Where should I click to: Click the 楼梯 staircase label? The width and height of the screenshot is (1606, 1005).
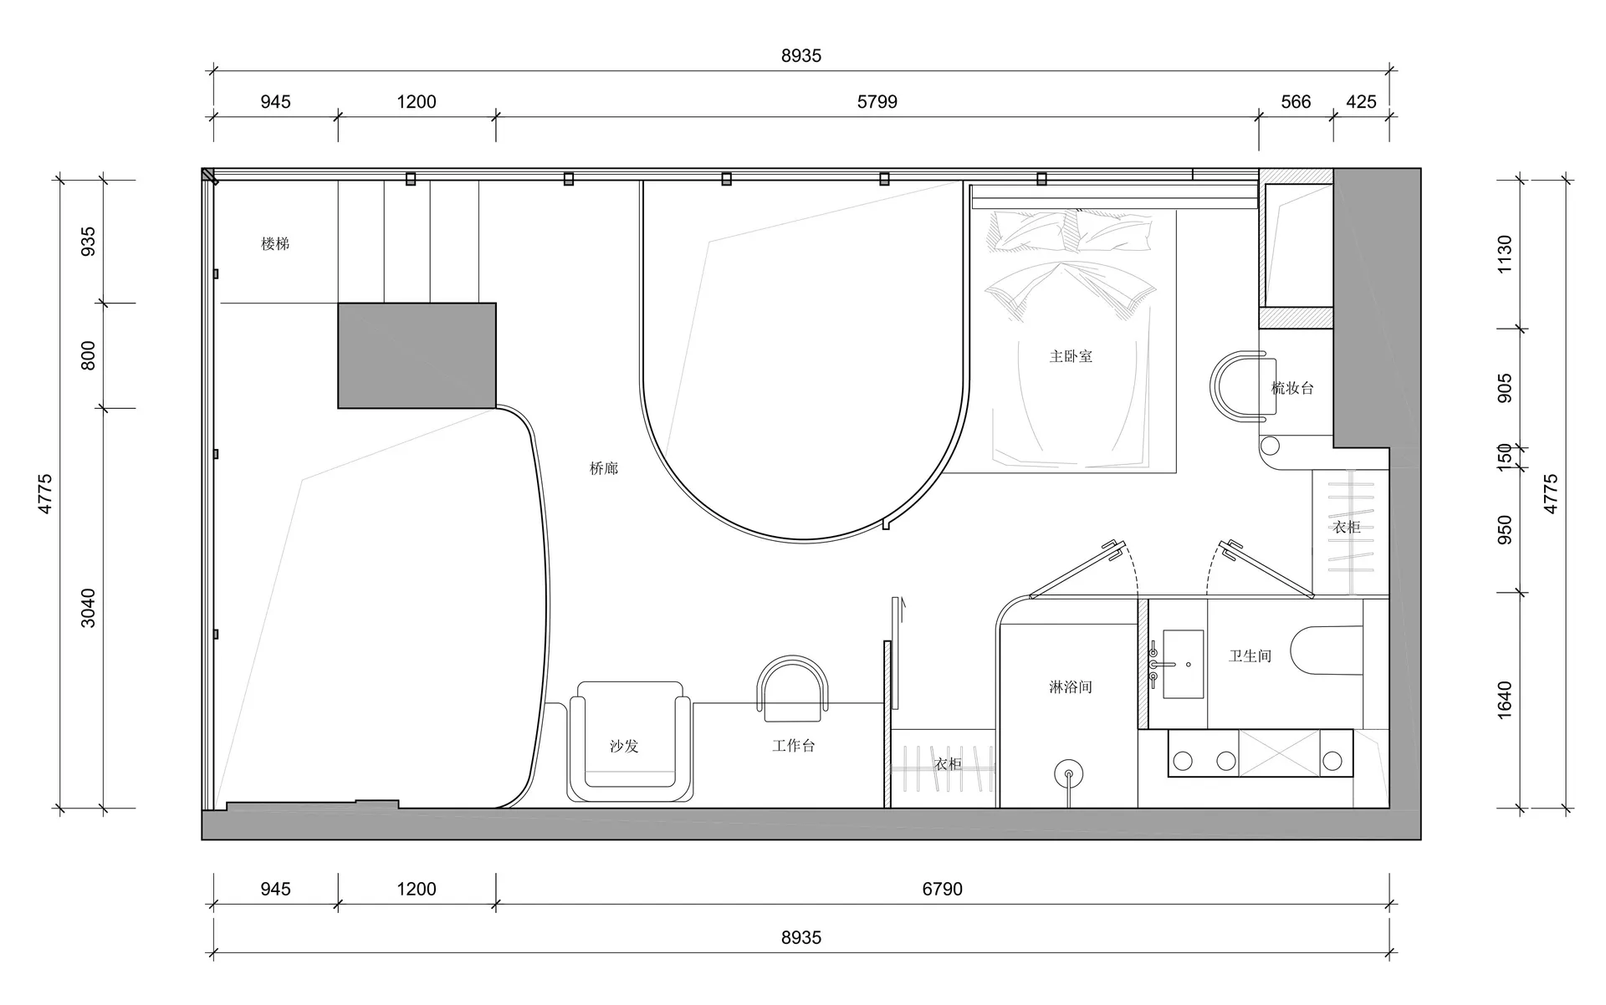coord(275,244)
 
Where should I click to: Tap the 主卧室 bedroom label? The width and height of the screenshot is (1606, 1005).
coord(1071,356)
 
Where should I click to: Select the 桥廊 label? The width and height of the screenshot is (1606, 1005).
coord(604,468)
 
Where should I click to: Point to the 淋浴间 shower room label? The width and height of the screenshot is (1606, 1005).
coord(1071,687)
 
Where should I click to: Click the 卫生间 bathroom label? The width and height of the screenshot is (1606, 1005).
coord(1250,656)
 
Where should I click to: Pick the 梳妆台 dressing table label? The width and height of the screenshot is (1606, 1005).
coord(1292,388)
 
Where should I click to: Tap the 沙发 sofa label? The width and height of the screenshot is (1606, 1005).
coord(624,746)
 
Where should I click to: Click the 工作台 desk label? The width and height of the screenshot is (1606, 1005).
coord(793,746)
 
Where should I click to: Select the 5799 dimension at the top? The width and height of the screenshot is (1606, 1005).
coord(877,102)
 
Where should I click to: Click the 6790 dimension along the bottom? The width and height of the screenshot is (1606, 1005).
coord(943,890)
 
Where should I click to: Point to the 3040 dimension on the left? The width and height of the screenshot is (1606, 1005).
coord(88,609)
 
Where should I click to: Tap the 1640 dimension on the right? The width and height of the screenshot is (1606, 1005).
coord(1505,700)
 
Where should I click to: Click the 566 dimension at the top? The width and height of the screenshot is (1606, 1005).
coord(1296,102)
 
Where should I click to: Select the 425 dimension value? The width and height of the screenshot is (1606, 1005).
coord(1361,102)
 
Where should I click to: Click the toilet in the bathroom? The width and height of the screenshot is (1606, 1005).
coord(1327,650)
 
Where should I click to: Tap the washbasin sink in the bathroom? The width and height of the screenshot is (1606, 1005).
coord(1183,664)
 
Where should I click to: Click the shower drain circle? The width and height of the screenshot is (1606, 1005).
coord(1069,773)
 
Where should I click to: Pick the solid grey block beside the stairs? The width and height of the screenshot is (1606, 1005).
coord(417,355)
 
